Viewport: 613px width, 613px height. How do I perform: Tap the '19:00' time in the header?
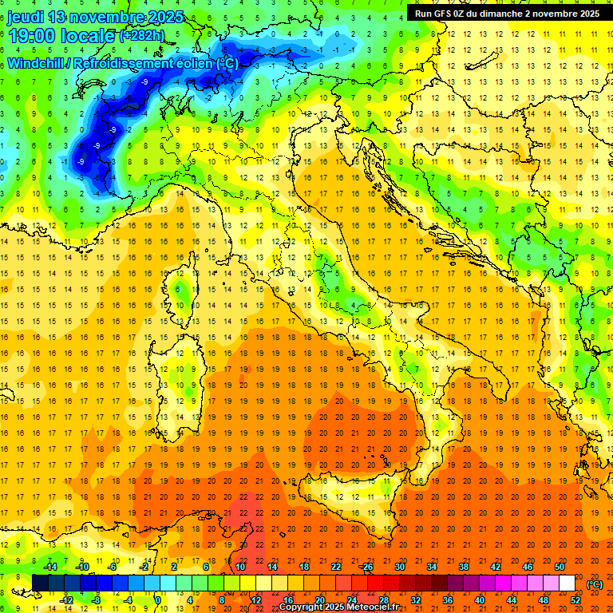point(32,35)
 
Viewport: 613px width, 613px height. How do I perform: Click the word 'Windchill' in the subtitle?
point(36,63)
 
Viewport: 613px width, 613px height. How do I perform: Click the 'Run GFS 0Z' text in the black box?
point(442,13)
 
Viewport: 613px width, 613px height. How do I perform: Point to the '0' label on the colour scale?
point(159,600)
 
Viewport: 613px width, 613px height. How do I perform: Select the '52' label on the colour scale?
point(575,600)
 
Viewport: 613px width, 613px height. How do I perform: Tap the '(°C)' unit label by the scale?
point(595,583)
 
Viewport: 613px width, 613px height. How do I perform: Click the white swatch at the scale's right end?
point(567,583)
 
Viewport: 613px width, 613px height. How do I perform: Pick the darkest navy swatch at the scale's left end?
point(40,583)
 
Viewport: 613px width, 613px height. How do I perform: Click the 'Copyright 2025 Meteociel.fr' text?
point(338,607)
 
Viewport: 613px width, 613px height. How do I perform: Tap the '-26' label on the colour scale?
point(366,567)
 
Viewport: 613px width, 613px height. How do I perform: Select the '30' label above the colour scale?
point(399,567)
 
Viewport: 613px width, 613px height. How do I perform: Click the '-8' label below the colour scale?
point(97,600)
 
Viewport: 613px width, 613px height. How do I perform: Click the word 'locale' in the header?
point(89,35)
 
